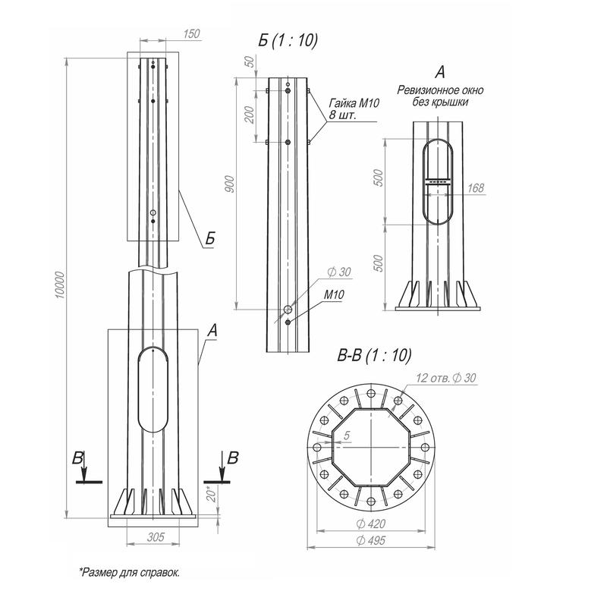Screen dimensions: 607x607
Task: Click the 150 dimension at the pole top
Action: click(x=192, y=34)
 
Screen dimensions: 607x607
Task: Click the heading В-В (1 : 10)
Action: click(x=374, y=355)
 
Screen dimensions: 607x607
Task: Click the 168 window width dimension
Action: click(x=476, y=187)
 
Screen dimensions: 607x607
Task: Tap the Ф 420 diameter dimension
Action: click(x=370, y=524)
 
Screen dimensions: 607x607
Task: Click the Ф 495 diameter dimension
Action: click(x=370, y=540)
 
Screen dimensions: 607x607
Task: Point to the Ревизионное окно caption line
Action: click(x=439, y=90)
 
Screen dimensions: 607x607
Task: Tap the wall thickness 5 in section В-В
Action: click(x=345, y=436)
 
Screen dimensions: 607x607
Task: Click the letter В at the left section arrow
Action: click(x=77, y=458)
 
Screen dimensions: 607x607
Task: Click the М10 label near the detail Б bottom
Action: click(x=334, y=295)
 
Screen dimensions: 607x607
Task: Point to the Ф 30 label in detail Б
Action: click(x=338, y=272)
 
